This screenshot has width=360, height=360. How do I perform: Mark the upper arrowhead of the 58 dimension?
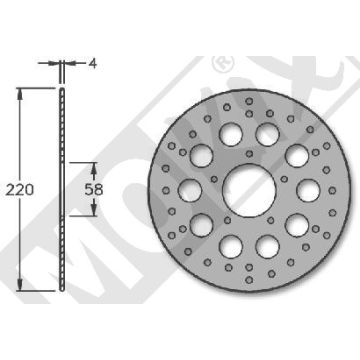[96, 168]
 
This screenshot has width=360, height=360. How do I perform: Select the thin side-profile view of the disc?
[62, 190]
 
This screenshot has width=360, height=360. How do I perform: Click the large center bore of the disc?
[243, 188]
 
